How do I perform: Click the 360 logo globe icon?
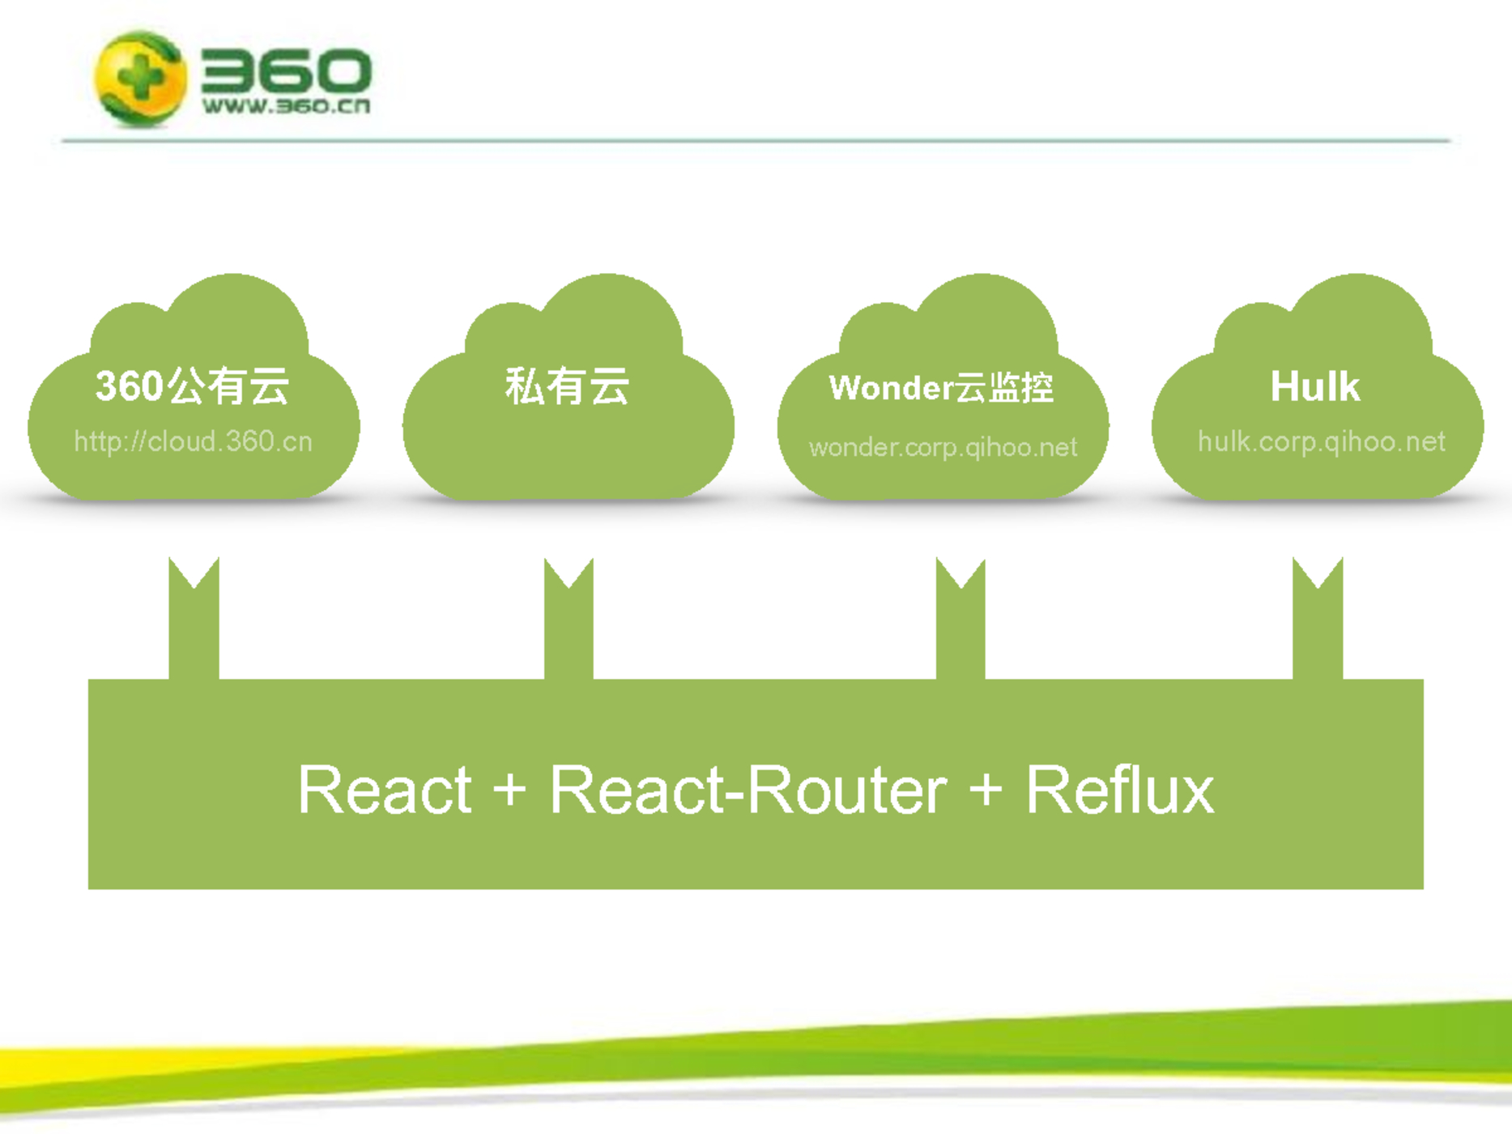[139, 79]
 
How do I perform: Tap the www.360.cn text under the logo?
[286, 106]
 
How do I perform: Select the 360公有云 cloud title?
[192, 386]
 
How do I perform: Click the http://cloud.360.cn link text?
[193, 441]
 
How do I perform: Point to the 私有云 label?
[567, 386]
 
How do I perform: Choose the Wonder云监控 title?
[941, 388]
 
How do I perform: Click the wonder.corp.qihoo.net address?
[943, 447]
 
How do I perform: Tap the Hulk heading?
[1314, 386]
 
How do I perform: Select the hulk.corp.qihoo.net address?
[1321, 441]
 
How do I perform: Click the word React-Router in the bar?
[747, 790]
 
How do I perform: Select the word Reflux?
[1120, 790]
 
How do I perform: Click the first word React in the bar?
[385, 790]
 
